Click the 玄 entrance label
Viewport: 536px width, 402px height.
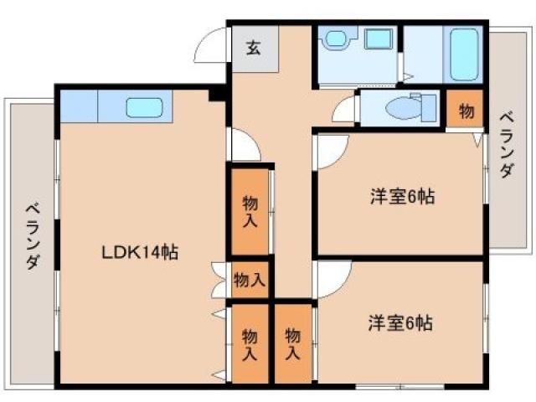tap(253, 47)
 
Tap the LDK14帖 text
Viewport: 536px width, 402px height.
tap(140, 251)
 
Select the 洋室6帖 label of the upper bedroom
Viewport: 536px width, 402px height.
tap(403, 198)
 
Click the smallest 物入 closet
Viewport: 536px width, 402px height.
tap(250, 280)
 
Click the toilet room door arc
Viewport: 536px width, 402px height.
tap(346, 113)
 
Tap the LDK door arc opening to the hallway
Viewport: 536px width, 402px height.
tap(245, 147)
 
